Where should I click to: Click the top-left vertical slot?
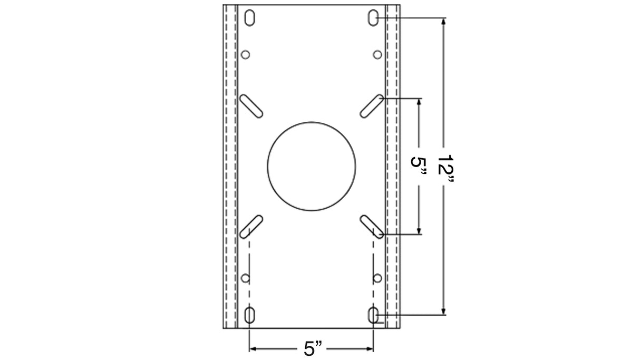pyautogui.click(x=250, y=17)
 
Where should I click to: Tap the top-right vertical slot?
pyautogui.click(x=373, y=17)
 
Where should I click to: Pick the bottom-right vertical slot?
pyautogui.click(x=373, y=315)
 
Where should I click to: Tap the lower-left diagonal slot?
pyautogui.click(x=251, y=226)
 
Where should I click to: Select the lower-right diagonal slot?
pyautogui.click(x=372, y=226)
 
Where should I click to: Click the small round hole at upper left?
pyautogui.click(x=245, y=54)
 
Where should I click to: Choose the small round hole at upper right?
pyautogui.click(x=377, y=54)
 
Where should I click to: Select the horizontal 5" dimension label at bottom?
pyautogui.click(x=313, y=348)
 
